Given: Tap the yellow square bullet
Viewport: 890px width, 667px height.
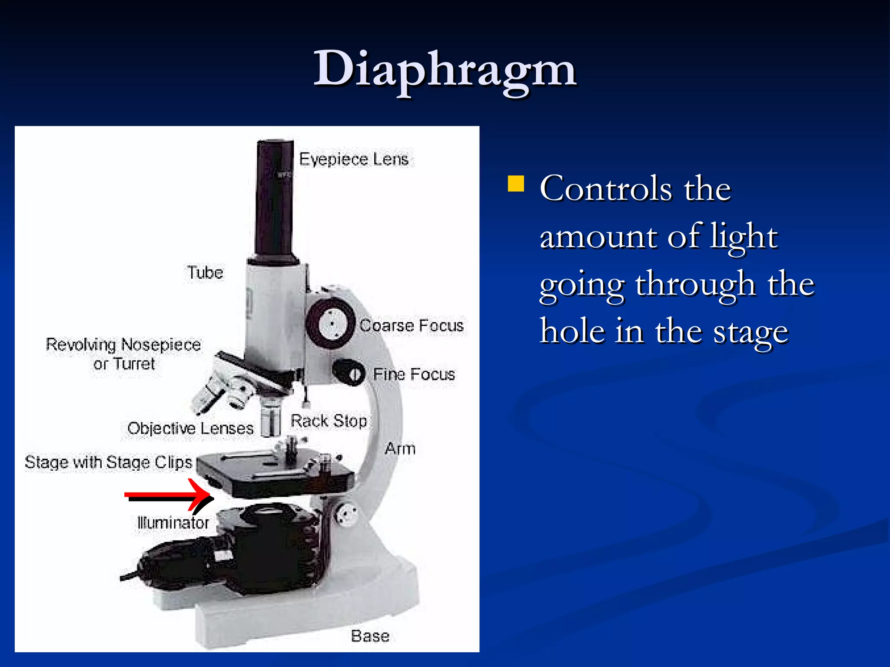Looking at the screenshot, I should [516, 183].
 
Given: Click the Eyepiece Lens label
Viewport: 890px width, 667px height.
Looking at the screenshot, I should [354, 159].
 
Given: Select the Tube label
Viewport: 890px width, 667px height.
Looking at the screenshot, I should [205, 273].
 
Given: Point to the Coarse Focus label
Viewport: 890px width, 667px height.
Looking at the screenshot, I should [412, 326].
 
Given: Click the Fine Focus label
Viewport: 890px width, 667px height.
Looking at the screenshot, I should [414, 374].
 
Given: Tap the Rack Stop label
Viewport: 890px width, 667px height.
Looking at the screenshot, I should [329, 421].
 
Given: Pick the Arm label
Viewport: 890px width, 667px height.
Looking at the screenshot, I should [400, 449].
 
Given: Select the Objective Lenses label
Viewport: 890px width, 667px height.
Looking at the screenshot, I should [190, 429].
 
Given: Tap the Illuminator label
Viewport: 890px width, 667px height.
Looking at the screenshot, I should [173, 522].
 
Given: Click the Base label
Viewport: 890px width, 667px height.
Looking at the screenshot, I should [370, 636].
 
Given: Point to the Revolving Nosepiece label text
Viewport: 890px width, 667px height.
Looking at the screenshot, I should [123, 345].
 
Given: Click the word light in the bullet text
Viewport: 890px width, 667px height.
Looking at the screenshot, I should [744, 237].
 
